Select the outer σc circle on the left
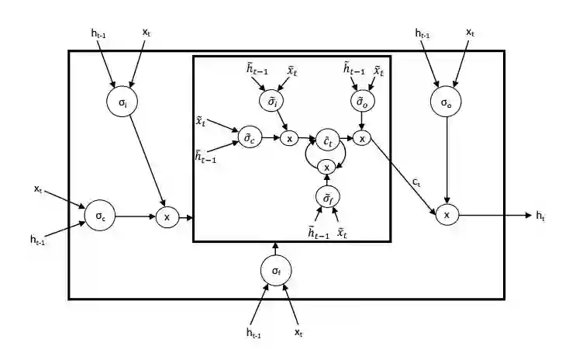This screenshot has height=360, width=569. [100, 217]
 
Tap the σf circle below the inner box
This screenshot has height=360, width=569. [275, 271]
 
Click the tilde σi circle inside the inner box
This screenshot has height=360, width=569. [271, 102]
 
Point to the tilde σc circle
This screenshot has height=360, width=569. [250, 138]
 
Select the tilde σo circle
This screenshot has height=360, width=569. [360, 102]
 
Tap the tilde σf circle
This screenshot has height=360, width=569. [327, 199]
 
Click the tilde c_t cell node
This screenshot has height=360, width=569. [327, 140]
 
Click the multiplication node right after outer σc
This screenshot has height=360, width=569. [167, 217]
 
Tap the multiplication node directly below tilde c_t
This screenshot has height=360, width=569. [327, 168]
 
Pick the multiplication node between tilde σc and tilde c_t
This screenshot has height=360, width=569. [288, 139]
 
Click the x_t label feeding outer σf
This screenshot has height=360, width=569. [298, 332]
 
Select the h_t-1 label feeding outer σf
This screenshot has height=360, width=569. [253, 333]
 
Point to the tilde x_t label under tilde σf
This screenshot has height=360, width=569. [342, 232]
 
